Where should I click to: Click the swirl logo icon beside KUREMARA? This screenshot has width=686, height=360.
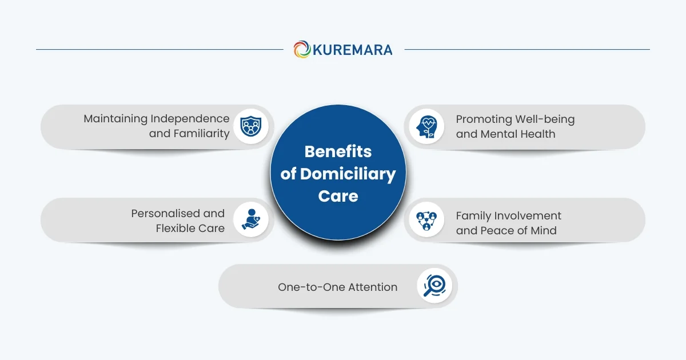point(302,49)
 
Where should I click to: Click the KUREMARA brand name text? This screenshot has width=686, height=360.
point(352,50)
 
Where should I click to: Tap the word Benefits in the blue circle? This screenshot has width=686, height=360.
point(338,151)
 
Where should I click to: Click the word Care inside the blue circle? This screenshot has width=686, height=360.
point(338,196)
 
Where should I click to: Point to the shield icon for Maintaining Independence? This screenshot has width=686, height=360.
point(250,126)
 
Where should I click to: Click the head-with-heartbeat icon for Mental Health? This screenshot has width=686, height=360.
point(426,126)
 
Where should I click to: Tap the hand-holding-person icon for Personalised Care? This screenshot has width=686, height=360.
point(250,220)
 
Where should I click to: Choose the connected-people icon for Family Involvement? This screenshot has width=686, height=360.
point(426,220)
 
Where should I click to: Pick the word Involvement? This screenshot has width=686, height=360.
point(529,216)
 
